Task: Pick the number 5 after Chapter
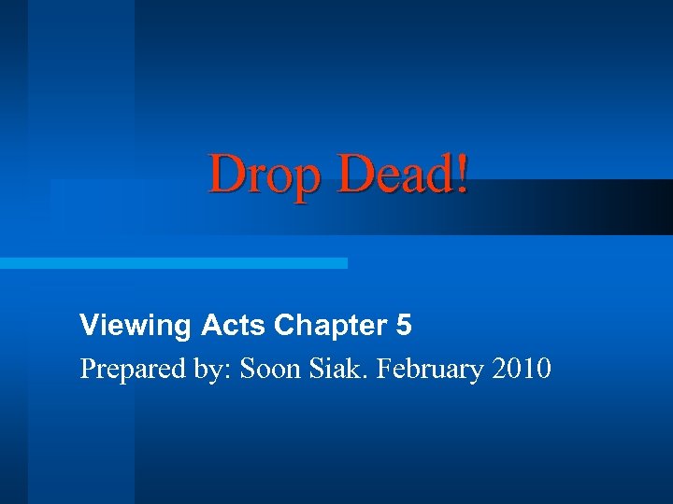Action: tap(404, 326)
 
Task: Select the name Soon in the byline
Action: tap(271, 370)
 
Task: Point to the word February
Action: tap(428, 371)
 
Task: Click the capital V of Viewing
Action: tap(89, 326)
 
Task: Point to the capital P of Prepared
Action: tap(88, 370)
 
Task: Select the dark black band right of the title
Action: tap(617, 206)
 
